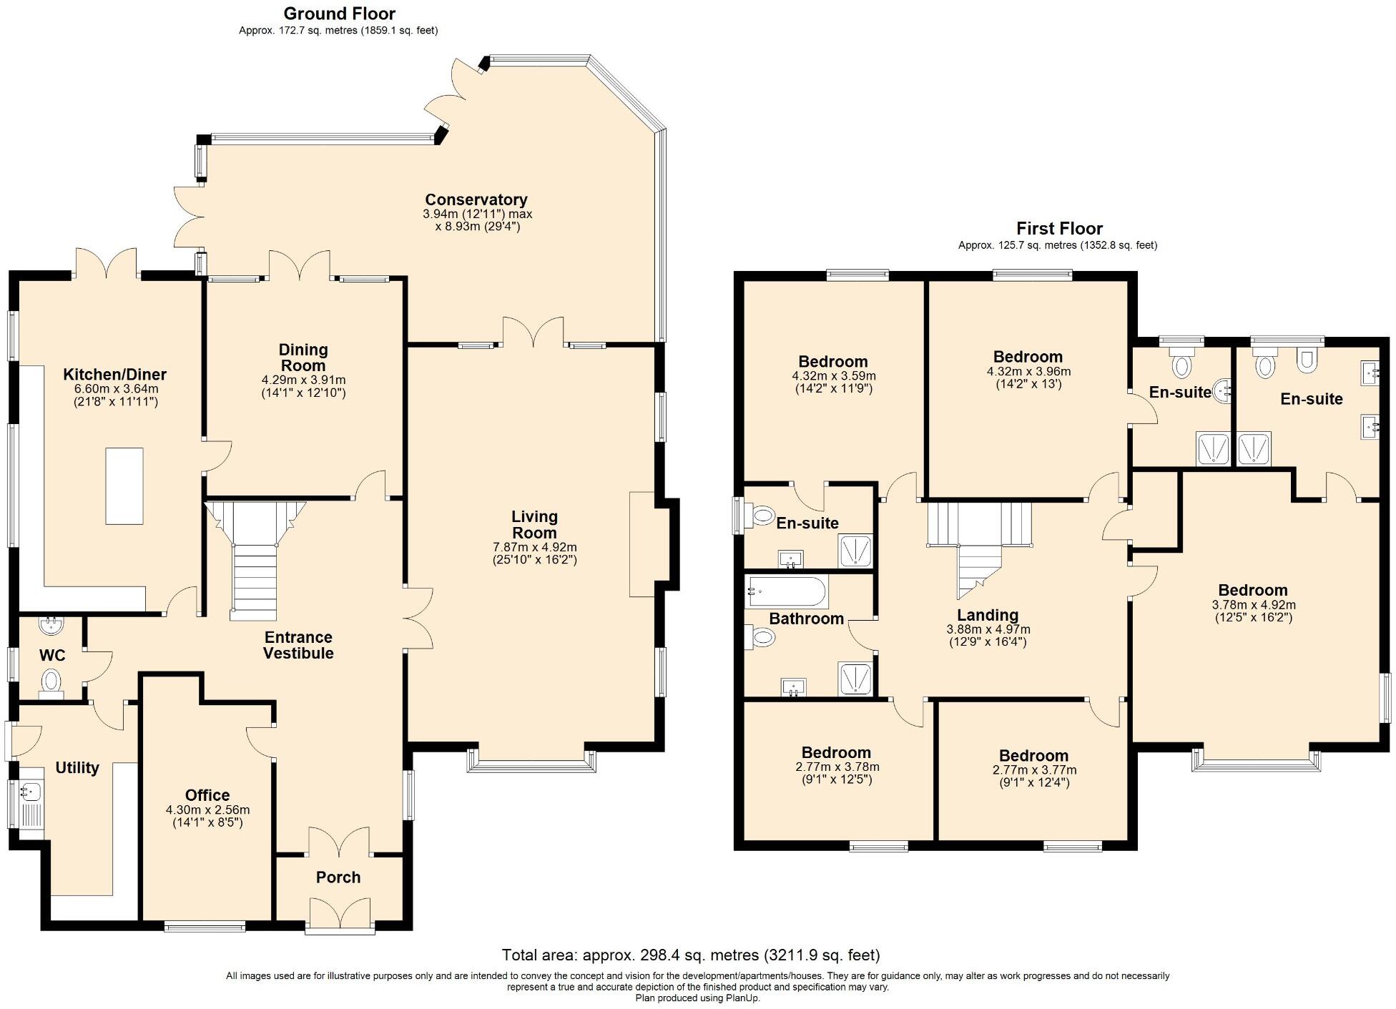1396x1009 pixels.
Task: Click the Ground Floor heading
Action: [339, 13]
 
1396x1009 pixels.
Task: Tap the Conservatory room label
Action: [476, 200]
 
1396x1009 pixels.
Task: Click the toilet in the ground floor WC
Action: [51, 680]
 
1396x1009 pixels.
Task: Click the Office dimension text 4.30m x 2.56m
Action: [207, 810]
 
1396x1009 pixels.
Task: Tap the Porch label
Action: [338, 877]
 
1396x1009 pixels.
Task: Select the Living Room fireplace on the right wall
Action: [642, 544]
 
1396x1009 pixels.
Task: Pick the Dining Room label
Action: [303, 358]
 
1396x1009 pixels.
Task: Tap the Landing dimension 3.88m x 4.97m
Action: [988, 629]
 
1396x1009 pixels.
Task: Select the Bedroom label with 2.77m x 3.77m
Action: [1033, 756]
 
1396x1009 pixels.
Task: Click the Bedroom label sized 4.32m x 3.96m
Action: [1028, 357]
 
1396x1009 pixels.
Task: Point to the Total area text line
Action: [690, 955]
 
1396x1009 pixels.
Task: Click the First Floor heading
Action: [1059, 228]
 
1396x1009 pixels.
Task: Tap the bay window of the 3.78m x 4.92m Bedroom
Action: [1255, 763]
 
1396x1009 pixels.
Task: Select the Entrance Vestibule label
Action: [298, 645]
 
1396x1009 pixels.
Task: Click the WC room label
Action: [52, 655]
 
